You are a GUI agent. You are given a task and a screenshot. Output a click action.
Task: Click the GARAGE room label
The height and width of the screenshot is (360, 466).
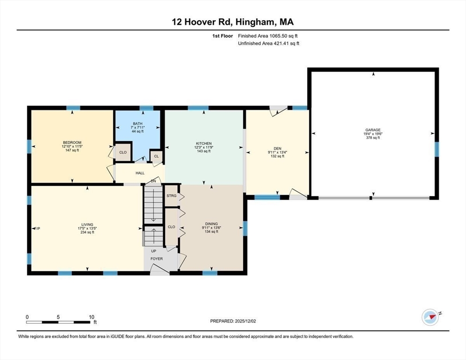pyautogui.click(x=373, y=130)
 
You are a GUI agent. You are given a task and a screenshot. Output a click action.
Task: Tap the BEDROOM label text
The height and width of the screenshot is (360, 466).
pyautogui.click(x=72, y=142)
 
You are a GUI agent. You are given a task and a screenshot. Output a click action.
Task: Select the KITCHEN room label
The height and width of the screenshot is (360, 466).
pyautogui.click(x=203, y=143)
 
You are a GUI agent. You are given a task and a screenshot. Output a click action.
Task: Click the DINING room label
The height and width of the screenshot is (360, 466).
pyautogui.click(x=211, y=224)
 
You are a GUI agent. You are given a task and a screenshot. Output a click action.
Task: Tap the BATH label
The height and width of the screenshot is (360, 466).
pyautogui.click(x=137, y=123)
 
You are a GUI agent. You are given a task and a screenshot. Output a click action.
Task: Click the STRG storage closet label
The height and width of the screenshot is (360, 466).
pyautogui.click(x=172, y=195)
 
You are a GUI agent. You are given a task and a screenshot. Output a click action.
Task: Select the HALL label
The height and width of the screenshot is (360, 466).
pyautogui.click(x=140, y=173)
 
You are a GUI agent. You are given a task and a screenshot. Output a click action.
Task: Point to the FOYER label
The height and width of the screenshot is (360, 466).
pyautogui.click(x=156, y=258)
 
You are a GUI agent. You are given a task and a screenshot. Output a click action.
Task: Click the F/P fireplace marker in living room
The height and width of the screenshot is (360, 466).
pyautogui.click(x=37, y=228)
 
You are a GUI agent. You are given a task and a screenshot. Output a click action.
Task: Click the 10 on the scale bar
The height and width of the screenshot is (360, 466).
pyautogui.click(x=92, y=316)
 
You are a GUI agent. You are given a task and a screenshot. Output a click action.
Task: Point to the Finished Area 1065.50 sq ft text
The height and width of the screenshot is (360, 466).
pyautogui.click(x=268, y=36)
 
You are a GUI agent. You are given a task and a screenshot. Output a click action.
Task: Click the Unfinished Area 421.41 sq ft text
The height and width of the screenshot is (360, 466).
pyautogui.click(x=268, y=44)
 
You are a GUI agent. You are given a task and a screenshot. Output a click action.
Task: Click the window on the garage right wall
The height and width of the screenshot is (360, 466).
pyautogui.click(x=436, y=149)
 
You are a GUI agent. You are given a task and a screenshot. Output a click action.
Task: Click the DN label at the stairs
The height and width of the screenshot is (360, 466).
pyautogui.click(x=153, y=181)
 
